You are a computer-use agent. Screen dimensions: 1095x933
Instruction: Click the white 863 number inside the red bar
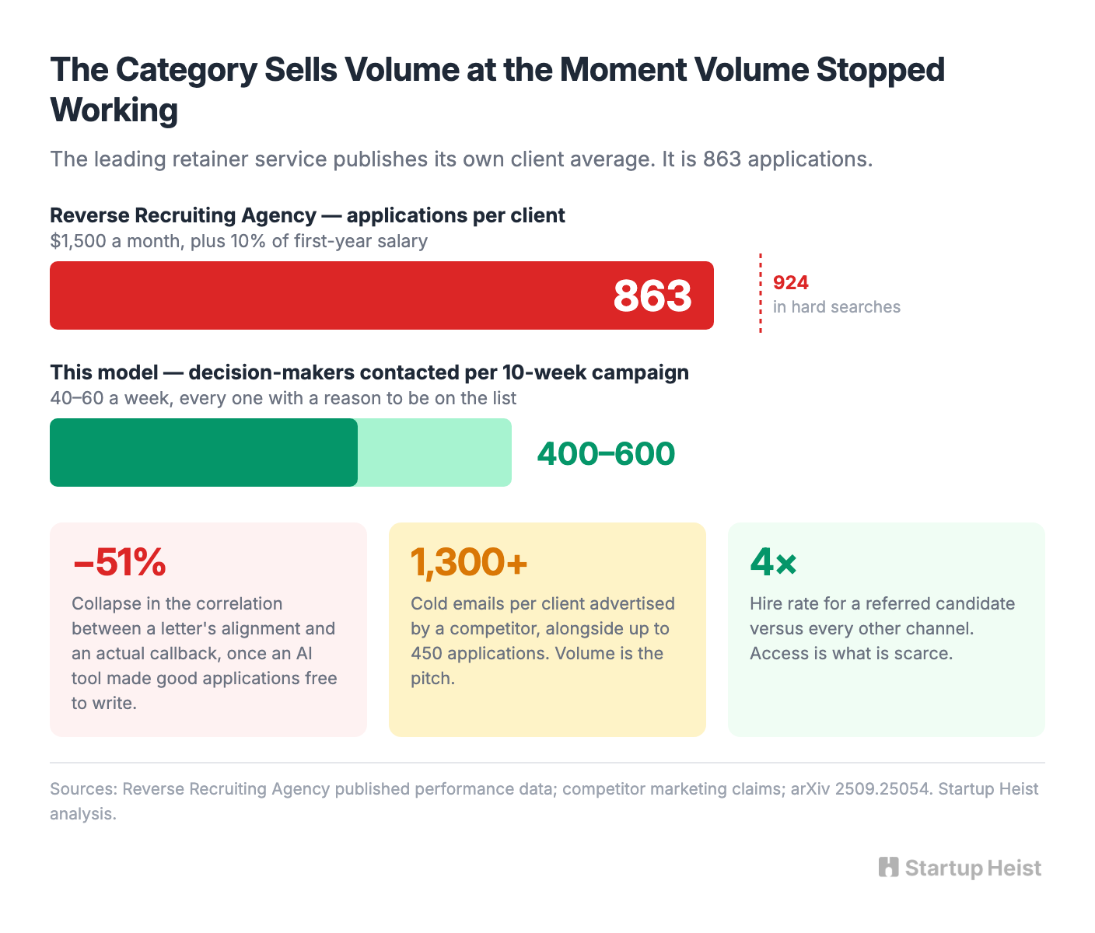pos(652,295)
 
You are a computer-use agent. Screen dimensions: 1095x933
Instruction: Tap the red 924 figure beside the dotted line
pos(790,283)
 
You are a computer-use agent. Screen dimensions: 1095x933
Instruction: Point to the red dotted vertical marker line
pos(760,293)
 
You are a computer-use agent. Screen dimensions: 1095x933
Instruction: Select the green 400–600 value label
pos(606,454)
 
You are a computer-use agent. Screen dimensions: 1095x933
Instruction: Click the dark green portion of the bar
pos(204,453)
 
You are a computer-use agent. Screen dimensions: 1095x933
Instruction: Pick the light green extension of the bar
pos(435,453)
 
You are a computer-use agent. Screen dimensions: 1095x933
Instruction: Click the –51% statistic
pos(120,562)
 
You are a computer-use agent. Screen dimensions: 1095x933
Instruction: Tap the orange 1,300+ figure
pos(469,562)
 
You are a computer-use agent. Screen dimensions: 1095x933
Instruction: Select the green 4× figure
pos(774,562)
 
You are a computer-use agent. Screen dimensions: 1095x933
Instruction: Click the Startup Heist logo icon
pos(888,868)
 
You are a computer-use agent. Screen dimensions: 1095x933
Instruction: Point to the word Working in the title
pos(114,110)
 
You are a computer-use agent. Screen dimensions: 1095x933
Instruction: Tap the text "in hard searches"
pos(837,307)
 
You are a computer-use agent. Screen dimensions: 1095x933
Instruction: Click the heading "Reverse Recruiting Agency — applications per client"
pos(307,215)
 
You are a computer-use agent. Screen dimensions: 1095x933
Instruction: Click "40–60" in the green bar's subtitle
pos(77,398)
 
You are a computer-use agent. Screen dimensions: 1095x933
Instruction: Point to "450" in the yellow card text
pos(426,653)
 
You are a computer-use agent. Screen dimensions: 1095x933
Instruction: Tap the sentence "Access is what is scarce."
pos(852,653)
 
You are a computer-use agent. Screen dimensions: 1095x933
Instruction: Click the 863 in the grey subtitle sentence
pos(722,159)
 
